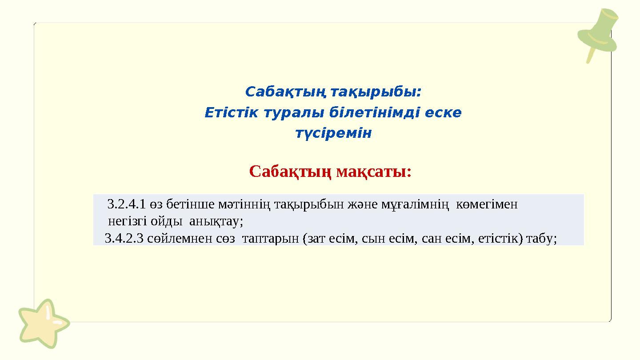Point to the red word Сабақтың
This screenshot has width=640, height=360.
pyautogui.click(x=291, y=171)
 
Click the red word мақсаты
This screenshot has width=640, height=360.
pyautogui.click(x=373, y=171)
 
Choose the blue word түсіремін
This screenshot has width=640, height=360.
pyautogui.click(x=333, y=133)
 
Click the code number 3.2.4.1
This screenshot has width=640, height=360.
pyautogui.click(x=127, y=204)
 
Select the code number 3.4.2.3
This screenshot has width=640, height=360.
pyautogui.click(x=124, y=239)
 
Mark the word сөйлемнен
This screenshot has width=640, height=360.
pyautogui.click(x=181, y=239)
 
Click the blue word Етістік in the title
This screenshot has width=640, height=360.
pyautogui.click(x=231, y=113)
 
